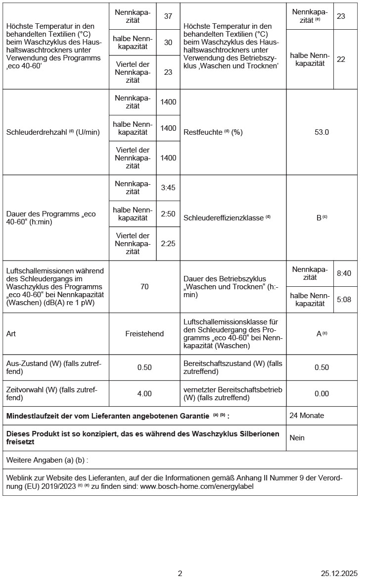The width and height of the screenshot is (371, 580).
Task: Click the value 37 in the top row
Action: [x=168, y=16]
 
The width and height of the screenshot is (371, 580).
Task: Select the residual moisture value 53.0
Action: [x=322, y=132]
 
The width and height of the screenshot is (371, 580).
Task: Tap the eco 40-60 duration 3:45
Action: [x=168, y=188]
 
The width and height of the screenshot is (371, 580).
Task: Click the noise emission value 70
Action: [x=144, y=286]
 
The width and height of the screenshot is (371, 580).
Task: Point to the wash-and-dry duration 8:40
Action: [x=344, y=273]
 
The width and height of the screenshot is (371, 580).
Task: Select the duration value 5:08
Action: [x=344, y=299]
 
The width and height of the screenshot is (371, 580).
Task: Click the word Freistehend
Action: [x=144, y=334]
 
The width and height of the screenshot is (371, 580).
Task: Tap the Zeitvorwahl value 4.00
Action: [x=144, y=394]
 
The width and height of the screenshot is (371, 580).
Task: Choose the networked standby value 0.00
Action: [x=322, y=394]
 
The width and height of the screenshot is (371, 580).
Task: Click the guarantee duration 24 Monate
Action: [x=307, y=416]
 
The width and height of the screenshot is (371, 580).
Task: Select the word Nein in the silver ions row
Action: [x=297, y=438]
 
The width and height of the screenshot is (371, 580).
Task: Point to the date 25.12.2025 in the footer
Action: [x=339, y=574]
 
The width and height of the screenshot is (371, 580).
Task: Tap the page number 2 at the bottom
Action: [x=180, y=574]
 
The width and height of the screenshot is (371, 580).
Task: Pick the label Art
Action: [x=11, y=334]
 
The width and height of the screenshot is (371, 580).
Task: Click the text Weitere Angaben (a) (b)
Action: [x=47, y=460]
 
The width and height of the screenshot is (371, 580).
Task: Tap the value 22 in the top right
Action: [x=341, y=59]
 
